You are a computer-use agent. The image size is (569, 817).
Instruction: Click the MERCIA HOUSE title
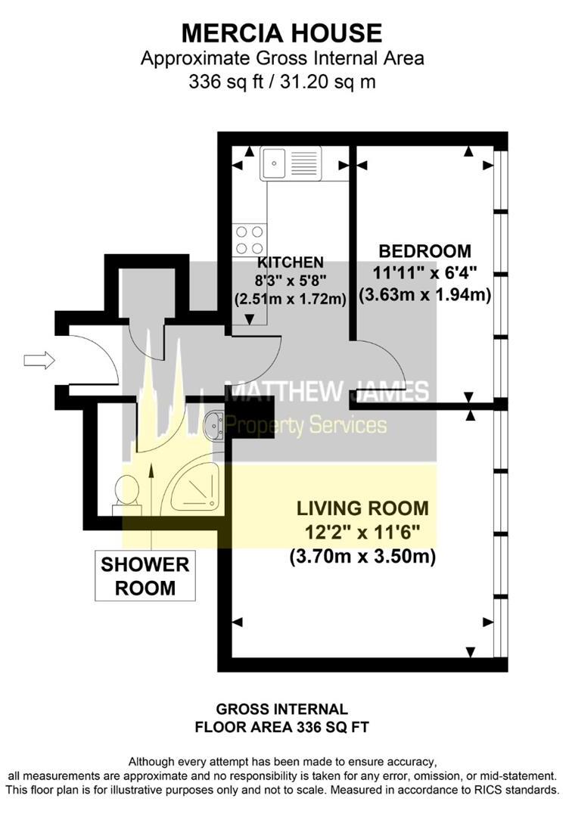(281, 33)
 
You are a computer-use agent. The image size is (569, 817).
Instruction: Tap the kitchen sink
(291, 163)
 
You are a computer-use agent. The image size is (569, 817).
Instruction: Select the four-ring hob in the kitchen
(250, 240)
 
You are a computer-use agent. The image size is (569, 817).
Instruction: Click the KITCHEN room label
(291, 262)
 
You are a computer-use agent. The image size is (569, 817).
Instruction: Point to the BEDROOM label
(424, 251)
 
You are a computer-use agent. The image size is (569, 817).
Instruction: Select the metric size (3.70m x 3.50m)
(362, 557)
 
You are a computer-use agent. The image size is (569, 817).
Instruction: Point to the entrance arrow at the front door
(39, 361)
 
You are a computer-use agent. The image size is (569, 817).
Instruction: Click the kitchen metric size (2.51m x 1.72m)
(291, 299)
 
